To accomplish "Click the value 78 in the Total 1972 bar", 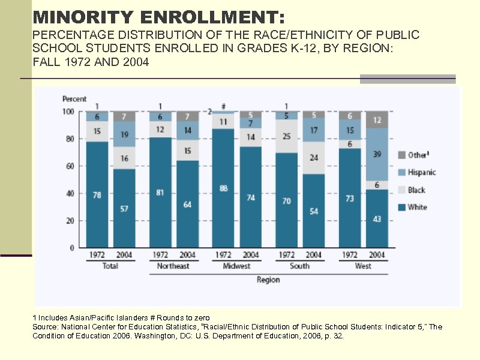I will [x=97, y=195].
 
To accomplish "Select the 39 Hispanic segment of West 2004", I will [x=377, y=154].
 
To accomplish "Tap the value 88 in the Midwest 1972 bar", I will [x=224, y=188].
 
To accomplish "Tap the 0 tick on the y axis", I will [x=71, y=248].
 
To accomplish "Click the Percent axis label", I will [x=74, y=99].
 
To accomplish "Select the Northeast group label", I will [x=173, y=266].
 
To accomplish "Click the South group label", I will [x=299, y=266].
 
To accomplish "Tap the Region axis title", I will [x=268, y=280].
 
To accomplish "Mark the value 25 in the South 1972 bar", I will [x=286, y=136].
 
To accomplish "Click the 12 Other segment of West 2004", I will [x=377, y=120].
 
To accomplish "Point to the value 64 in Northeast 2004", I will [x=187, y=205].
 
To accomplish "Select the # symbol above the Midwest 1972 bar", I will [x=223, y=106].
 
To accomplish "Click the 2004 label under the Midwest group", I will [x=251, y=255].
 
